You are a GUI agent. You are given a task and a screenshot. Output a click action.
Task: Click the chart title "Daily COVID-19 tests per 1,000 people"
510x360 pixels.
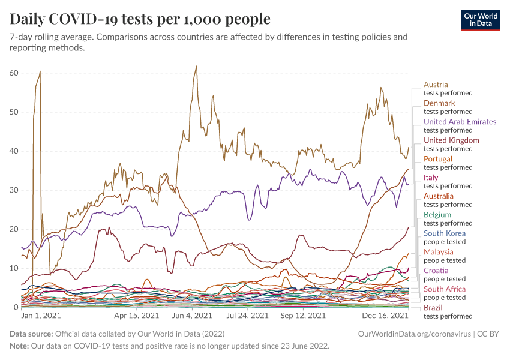pos(140,19)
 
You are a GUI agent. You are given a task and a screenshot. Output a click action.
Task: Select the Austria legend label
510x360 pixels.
pos(436,85)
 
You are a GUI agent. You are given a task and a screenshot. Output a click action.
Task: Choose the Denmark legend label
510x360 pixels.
pos(439,103)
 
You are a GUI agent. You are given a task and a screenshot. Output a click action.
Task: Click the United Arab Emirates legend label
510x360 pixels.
pos(460,122)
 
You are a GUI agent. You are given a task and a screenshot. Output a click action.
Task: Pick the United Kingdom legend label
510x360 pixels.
pos(451,140)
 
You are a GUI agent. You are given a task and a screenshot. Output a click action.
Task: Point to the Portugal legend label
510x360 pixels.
pos(438,159)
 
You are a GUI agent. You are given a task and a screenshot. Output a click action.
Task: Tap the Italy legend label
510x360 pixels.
pos(431,178)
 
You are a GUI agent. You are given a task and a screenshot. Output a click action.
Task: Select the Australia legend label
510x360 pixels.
pos(439,196)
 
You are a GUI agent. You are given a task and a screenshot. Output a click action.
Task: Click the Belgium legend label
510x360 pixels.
pos(437,215)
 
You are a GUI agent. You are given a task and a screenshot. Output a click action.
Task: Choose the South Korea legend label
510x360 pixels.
pos(445,233)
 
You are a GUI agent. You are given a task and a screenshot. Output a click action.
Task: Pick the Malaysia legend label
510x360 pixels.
pos(439,252)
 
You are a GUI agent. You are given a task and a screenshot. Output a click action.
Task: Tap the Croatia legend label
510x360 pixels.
pos(436,271)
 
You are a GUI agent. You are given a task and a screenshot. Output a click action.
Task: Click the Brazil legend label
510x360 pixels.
pos(433,308)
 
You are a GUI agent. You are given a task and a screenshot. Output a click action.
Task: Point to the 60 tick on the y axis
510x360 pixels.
pos(13,73)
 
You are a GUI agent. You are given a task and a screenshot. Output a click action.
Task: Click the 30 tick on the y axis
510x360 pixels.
pos(13,190)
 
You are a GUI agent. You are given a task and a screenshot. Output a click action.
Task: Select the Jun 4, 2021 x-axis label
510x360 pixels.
pos(192,315)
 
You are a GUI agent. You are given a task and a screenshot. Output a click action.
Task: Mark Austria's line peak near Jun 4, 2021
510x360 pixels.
pos(196,66)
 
